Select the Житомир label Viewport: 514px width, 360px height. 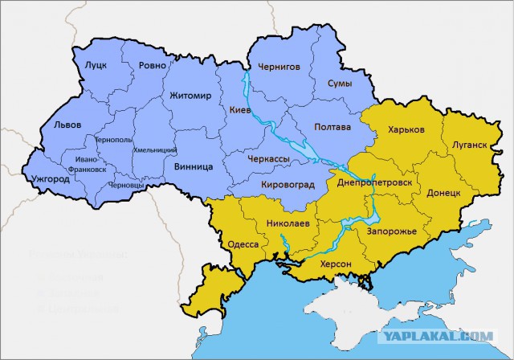click(190, 96)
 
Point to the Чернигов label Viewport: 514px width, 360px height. click(278, 67)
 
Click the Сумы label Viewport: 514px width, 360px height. click(341, 84)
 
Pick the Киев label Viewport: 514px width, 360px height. click(240, 109)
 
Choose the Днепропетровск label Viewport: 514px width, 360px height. click(375, 183)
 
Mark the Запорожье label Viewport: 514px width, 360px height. click(391, 231)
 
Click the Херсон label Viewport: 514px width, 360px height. click(336, 264)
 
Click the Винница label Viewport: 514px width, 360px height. click(193, 166)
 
